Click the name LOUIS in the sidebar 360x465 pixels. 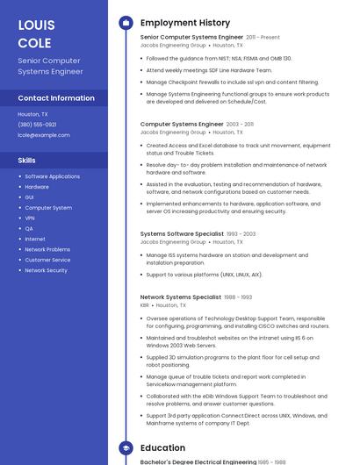point(36,25)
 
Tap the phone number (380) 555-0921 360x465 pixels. point(37,125)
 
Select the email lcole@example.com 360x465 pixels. point(44,135)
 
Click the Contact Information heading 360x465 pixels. point(56,98)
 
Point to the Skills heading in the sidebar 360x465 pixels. point(27,161)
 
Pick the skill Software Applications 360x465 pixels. point(52,176)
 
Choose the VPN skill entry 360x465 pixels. point(30,218)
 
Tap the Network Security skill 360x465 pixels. point(46,270)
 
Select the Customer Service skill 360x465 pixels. point(47,260)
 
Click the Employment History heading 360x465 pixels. point(185,23)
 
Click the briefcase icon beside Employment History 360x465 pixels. point(126,23)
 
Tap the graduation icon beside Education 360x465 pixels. point(126,447)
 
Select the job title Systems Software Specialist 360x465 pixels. point(182,234)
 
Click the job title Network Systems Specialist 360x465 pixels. point(181,297)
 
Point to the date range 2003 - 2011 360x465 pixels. point(240,125)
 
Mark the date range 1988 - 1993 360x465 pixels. point(239,297)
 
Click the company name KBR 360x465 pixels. point(145,305)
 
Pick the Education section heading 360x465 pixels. point(162,447)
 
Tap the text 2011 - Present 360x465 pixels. point(263,38)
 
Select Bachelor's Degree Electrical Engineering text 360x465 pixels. point(198,461)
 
